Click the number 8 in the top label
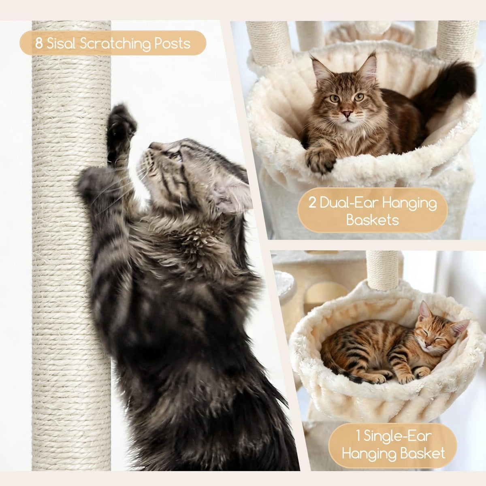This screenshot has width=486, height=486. pos(39,43)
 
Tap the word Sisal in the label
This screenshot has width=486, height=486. pos(61,43)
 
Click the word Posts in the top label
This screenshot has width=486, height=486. pos(172,43)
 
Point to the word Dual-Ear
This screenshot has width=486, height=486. pos(349,202)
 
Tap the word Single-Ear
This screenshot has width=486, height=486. pos(397,436)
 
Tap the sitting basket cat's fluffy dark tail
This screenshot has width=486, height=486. pos(447,83)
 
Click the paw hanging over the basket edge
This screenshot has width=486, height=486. pos(320,159)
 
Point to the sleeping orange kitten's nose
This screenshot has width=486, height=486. pos(428,344)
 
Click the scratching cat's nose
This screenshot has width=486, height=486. pos(152,145)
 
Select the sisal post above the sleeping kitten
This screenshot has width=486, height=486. pos(382,270)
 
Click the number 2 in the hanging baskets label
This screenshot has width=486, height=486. pos(312,203)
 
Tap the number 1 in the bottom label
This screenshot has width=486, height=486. pos(358,435)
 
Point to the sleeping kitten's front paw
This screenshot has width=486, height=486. pos(409,378)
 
